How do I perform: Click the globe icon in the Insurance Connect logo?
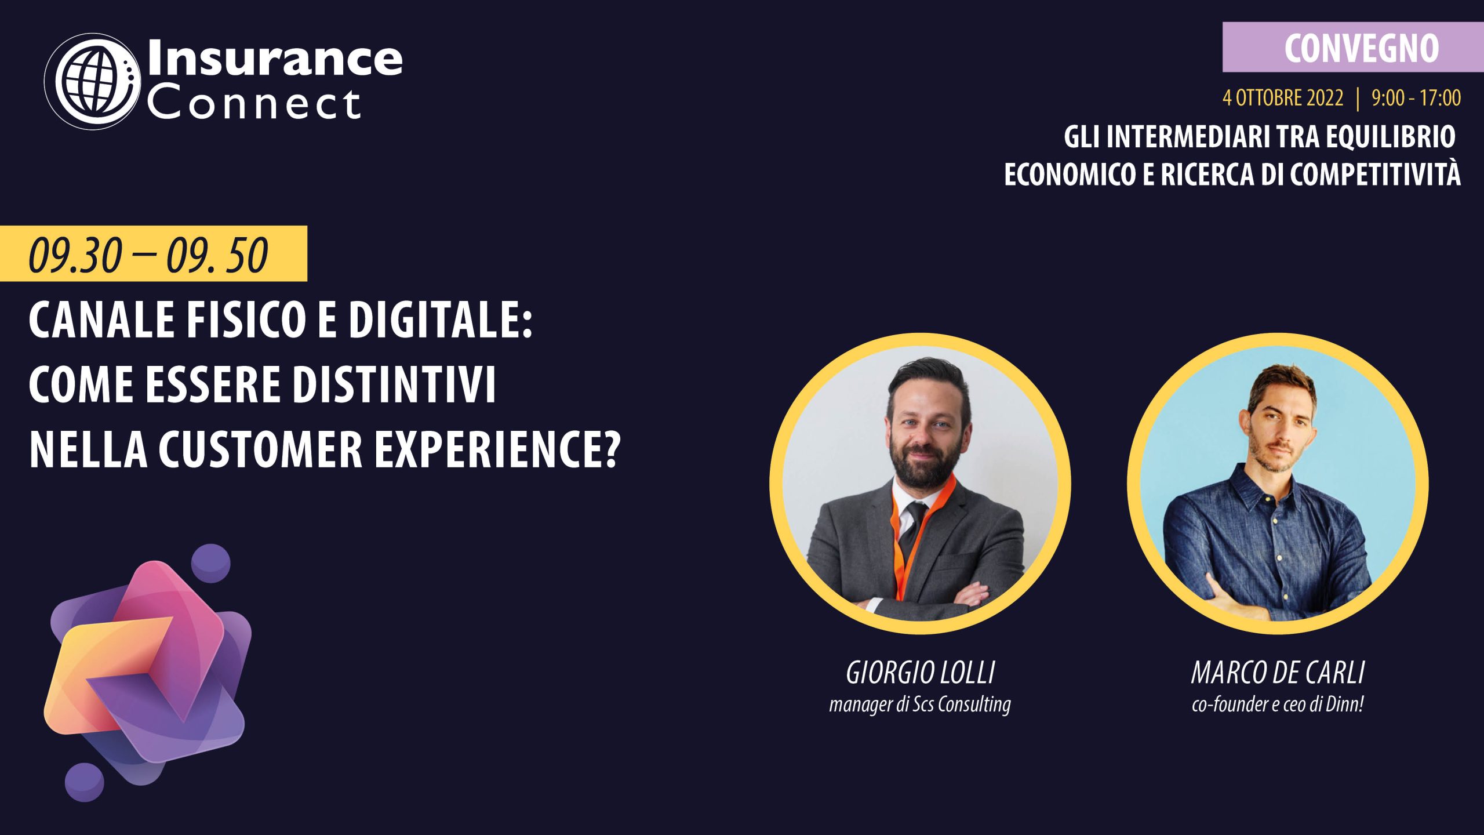point(93,81)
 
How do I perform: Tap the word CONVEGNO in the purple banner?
point(1362,48)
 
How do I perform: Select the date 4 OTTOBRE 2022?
point(1283,97)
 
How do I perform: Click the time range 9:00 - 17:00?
point(1416,97)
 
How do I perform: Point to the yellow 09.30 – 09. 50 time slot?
point(153,254)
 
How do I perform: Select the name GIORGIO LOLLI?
point(920,673)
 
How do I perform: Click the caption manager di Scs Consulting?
point(920,705)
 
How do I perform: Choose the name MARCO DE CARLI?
point(1278,673)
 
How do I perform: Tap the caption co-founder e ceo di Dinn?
point(1278,704)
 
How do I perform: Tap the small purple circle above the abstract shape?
point(210,563)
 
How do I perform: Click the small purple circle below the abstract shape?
point(85,782)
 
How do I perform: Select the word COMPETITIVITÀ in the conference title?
point(1375,175)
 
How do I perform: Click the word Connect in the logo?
point(254,104)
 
